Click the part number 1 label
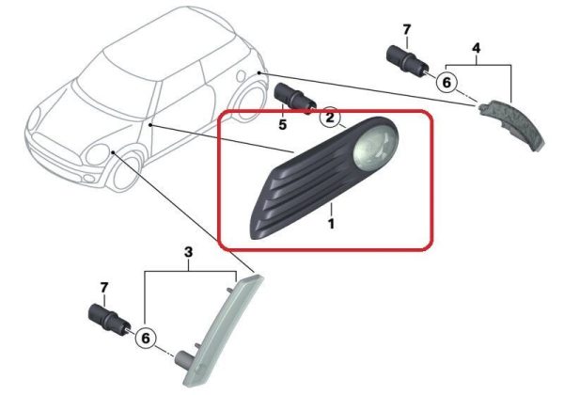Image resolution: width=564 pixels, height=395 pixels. (x=331, y=224)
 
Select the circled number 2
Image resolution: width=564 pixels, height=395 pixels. (x=330, y=117)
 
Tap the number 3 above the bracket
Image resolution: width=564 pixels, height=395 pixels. (x=189, y=253)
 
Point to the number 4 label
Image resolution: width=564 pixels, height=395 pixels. (x=476, y=48)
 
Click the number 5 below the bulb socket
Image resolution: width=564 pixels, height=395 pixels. (x=283, y=125)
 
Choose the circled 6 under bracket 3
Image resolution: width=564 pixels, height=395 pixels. (x=146, y=339)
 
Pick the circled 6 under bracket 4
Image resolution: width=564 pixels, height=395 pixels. (x=446, y=83)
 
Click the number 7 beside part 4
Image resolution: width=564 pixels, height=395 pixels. (x=406, y=29)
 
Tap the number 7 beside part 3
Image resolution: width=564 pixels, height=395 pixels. (x=103, y=288)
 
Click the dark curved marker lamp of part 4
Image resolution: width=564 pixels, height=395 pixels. (x=512, y=123)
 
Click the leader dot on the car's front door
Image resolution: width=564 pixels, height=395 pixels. (x=150, y=125)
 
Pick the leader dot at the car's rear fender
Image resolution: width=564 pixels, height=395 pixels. (x=259, y=73)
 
